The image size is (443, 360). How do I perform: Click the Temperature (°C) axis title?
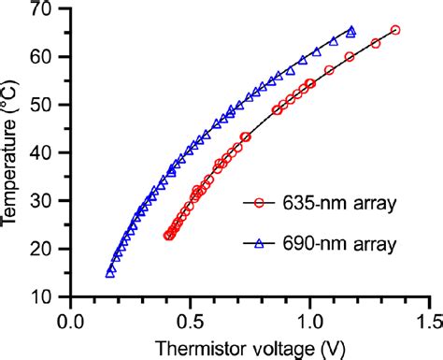12,154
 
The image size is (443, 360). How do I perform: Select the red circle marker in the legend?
263,202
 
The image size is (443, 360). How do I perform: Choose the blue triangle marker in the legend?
263,242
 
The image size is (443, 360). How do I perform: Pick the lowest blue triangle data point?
110,273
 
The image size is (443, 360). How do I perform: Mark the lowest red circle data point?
168,236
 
